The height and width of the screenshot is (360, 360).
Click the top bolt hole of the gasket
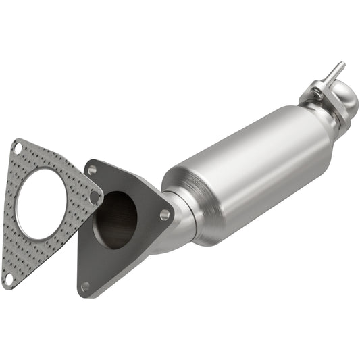pos(18,147)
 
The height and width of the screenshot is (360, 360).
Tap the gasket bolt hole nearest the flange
pos(95,197)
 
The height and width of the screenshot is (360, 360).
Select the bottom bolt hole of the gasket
pos(9,277)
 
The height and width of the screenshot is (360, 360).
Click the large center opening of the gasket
pos(41,203)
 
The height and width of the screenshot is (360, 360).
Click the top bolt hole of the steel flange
pos(92,170)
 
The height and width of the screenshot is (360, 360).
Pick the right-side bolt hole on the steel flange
pos(165,215)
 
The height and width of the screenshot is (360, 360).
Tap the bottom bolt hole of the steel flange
pos(85,286)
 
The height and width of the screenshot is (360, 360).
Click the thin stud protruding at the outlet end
pos(334,72)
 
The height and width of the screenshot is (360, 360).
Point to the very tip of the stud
pos(342,64)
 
